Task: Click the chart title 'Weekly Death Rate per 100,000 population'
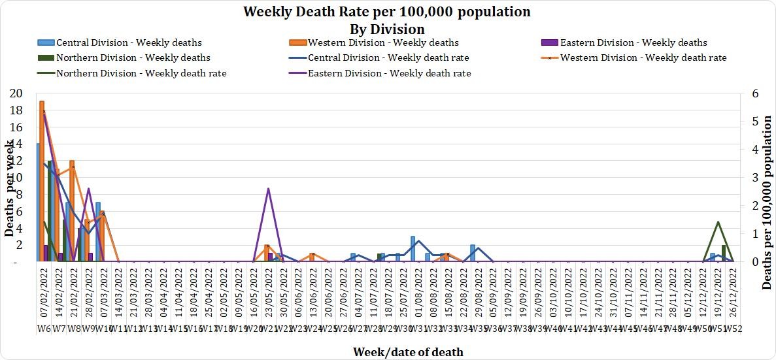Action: (x=387, y=12)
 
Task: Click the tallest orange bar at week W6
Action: (x=42, y=181)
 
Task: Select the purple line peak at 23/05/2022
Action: (x=269, y=189)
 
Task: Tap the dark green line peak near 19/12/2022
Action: (x=718, y=222)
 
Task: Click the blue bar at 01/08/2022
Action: (x=413, y=249)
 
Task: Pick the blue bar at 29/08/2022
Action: (x=473, y=253)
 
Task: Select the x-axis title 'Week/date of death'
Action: (x=408, y=352)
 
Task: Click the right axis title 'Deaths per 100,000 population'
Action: (x=768, y=202)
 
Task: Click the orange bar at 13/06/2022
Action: (x=312, y=257)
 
